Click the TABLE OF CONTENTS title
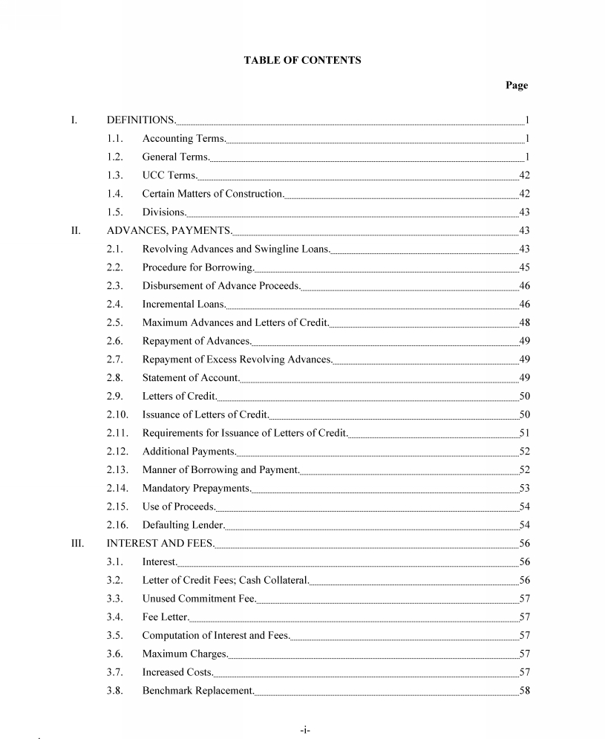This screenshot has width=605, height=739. [302, 60]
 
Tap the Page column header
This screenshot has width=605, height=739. [517, 85]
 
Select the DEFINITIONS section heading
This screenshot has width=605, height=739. [141, 120]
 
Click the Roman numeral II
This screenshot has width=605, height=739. [75, 230]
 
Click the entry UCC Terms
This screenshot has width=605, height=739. [170, 175]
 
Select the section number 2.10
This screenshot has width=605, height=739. [117, 414]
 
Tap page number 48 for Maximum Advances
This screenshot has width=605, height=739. [524, 322]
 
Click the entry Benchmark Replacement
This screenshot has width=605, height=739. [198, 691]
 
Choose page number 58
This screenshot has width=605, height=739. [524, 691]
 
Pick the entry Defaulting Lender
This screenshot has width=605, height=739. [183, 525]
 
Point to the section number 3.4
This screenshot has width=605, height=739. [114, 617]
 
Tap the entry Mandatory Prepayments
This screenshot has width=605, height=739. [197, 489]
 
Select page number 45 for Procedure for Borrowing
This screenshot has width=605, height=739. [524, 267]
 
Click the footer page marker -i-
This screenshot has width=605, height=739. [304, 731]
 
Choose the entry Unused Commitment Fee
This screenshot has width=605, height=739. [199, 599]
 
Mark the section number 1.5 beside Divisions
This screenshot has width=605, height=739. [114, 212]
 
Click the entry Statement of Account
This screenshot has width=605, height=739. [191, 378]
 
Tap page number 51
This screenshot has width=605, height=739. [524, 433]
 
